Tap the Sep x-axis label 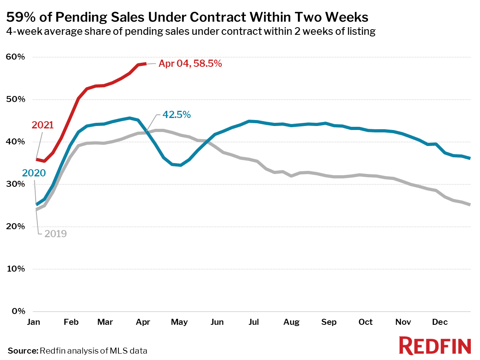point(328,322)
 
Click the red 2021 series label point(43,125)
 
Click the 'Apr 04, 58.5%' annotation point(190,63)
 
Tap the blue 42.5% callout point(176,115)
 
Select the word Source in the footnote point(22,351)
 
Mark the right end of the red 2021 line point(145,63)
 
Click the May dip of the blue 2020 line point(180,165)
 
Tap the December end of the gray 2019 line point(469,204)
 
